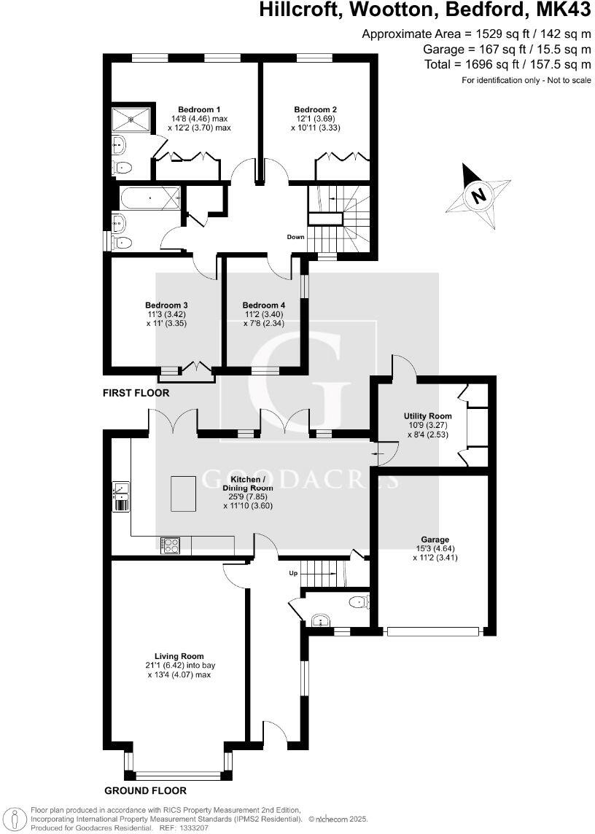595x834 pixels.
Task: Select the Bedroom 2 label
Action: [311, 109]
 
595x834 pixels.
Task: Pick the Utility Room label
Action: [424, 416]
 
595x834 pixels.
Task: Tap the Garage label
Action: [433, 539]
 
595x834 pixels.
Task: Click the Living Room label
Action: [179, 655]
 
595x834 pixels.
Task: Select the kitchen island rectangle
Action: [183, 494]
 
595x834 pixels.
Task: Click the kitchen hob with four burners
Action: [170, 544]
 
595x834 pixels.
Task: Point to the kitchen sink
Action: [120, 489]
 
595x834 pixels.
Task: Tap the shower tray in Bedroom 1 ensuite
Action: [131, 118]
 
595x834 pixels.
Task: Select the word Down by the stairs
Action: [295, 237]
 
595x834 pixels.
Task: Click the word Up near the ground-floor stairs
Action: [294, 574]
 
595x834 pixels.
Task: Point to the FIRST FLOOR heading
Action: [136, 393]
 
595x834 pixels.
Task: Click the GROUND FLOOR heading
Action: [145, 790]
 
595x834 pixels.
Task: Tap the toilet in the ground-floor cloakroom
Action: [358, 602]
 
